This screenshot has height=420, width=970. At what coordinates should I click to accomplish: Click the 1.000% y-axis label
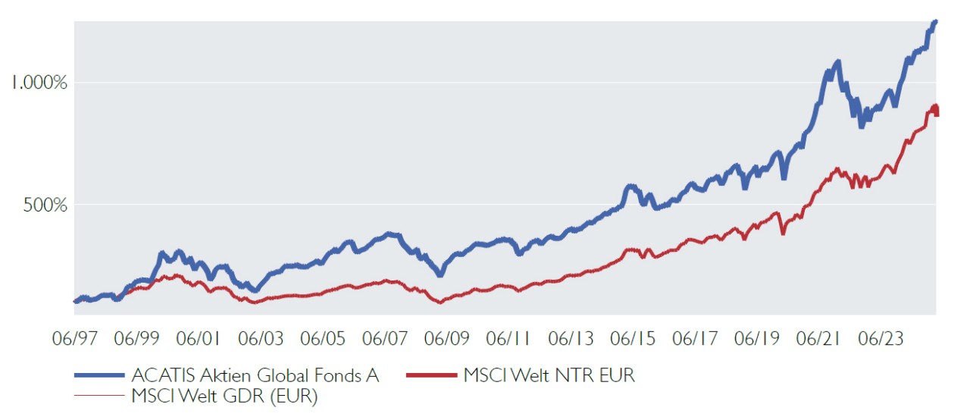point(39,83)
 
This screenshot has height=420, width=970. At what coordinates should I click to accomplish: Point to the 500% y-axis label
point(45,205)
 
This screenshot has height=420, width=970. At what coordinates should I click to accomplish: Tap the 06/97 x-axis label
point(75,339)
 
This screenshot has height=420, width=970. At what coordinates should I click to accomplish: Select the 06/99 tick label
point(137,339)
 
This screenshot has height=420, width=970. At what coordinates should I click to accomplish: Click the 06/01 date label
point(199,339)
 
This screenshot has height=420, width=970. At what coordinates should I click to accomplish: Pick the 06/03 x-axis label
point(261,339)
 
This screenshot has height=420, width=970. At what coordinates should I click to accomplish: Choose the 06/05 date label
point(323,339)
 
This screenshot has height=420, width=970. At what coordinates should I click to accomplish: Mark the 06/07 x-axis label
point(385,339)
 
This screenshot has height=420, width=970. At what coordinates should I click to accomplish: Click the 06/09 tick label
point(447,339)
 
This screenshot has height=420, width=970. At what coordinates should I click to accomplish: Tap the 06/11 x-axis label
point(508,339)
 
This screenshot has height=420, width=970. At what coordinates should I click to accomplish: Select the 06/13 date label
point(571,339)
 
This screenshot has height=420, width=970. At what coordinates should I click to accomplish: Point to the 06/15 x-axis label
point(633,339)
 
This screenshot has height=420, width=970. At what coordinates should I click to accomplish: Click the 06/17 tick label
point(695,339)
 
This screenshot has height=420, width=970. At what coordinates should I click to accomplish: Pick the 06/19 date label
point(757,339)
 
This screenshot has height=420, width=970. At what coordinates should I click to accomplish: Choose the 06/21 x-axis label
point(818,339)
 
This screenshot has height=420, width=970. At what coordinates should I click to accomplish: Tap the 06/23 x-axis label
point(881,339)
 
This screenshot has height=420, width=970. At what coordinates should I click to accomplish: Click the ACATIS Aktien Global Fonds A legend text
point(255,375)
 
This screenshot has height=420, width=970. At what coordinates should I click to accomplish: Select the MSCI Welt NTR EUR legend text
point(549,375)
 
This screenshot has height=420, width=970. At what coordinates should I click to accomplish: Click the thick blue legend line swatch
point(99,375)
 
